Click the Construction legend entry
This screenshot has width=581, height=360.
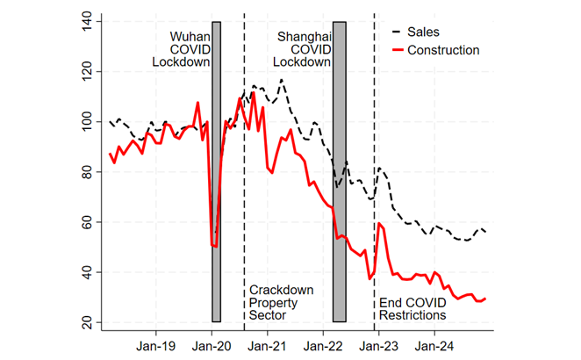[x=443, y=50]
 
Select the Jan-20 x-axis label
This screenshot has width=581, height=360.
[x=212, y=345]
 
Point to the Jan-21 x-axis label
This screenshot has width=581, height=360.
[x=267, y=345]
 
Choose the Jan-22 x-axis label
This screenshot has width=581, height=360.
[x=322, y=345]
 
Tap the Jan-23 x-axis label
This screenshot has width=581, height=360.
[x=377, y=345]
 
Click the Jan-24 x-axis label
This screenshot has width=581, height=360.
[x=433, y=345]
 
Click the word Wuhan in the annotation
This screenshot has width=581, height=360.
[x=190, y=37]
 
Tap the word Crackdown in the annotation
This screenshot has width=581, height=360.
[x=281, y=291]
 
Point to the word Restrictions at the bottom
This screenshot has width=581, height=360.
[x=412, y=314]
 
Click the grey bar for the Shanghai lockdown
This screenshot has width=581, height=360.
[x=340, y=176]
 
